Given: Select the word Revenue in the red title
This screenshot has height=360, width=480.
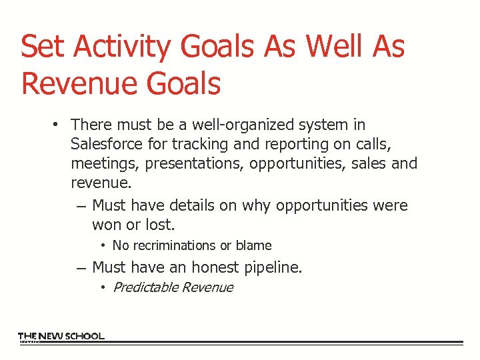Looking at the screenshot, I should click(x=62, y=84).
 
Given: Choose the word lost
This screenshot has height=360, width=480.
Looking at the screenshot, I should click(x=159, y=225).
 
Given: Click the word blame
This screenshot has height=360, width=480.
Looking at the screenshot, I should click(x=253, y=246).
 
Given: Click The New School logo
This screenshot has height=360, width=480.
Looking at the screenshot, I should click(x=61, y=337).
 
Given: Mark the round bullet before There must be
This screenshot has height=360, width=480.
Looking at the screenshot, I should click(x=59, y=125).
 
